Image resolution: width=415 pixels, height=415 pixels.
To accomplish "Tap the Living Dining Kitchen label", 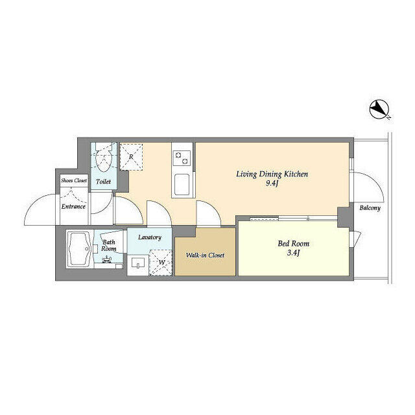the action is pos(272,174).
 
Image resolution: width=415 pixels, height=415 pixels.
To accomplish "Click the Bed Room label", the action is pos(293,244).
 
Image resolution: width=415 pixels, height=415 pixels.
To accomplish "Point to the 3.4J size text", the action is pos(293,253).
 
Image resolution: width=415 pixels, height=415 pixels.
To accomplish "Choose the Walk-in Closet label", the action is pos(205,255).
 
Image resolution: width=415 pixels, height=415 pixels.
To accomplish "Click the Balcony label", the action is pos(370,208).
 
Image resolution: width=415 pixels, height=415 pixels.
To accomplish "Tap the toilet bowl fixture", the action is pos(104,158).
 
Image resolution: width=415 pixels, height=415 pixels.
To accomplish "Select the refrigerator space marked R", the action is pos(131,157).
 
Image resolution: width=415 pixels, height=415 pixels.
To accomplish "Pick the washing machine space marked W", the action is pos(161,262).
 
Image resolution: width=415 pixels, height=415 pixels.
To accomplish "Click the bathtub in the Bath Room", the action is pos(79,249).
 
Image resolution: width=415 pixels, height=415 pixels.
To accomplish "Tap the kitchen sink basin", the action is pos(182,184).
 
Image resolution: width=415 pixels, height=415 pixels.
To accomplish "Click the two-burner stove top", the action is pos(182,158).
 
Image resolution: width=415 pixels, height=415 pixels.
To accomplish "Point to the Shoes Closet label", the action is pos(74,180).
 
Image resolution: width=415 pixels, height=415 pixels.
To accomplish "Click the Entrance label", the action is pos(73,206).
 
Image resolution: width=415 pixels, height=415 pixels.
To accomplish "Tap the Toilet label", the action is pos(104,182).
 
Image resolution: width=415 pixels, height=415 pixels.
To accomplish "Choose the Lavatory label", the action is pos(150,237).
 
